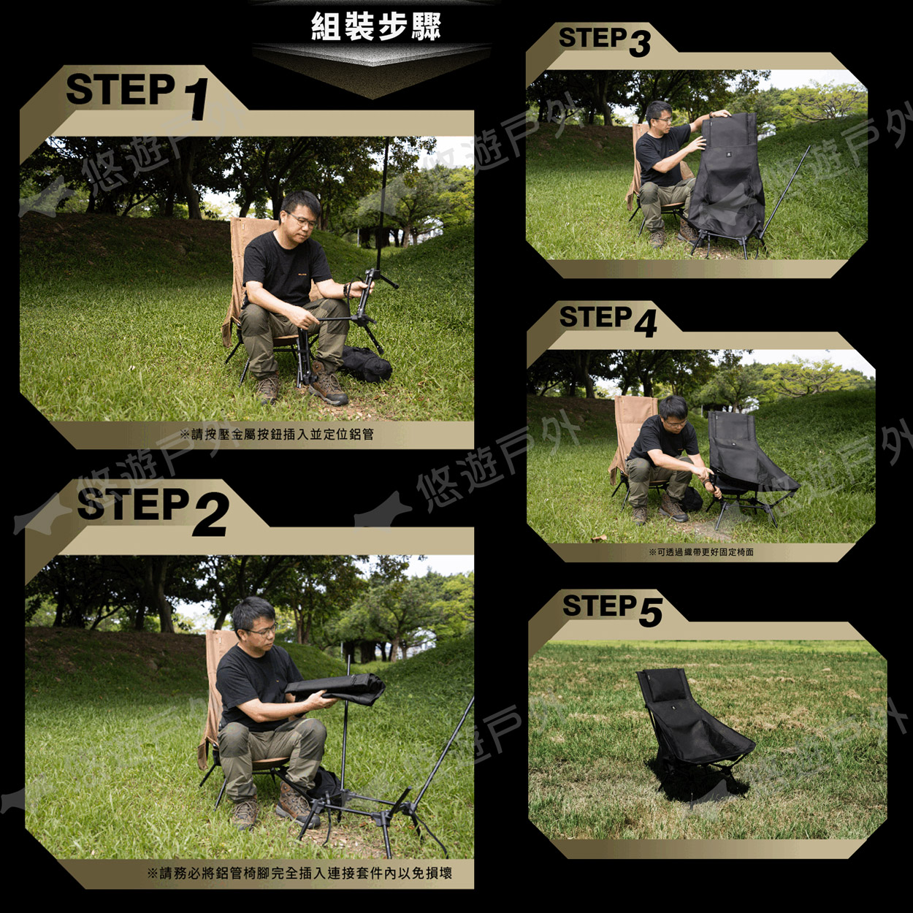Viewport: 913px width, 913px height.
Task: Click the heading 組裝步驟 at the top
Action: point(376,26)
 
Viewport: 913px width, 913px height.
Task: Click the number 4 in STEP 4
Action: point(645,324)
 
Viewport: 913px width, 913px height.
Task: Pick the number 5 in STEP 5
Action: point(651,613)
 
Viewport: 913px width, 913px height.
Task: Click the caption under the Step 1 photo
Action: point(278,434)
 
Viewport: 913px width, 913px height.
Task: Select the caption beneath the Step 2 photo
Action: point(299,873)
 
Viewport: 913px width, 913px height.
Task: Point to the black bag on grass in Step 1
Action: point(366,364)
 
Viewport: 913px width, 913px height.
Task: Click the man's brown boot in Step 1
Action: point(328,384)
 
